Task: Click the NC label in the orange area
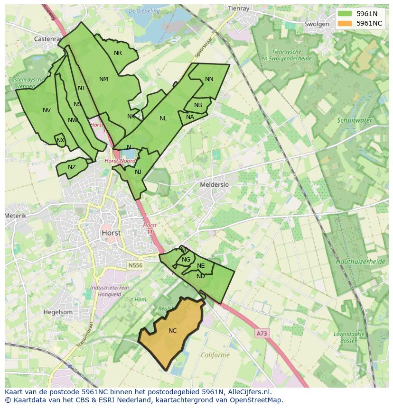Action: (x=172, y=330)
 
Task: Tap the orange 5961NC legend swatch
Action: (x=345, y=23)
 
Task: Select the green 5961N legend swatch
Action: (x=345, y=14)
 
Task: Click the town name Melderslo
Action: (x=215, y=184)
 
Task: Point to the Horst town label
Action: (x=111, y=233)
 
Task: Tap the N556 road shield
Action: (x=135, y=266)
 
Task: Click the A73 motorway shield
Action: (x=262, y=333)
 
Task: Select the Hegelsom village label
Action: (x=58, y=312)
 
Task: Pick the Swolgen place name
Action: (x=317, y=24)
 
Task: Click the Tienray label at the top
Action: (x=238, y=8)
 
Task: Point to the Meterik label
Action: (x=16, y=216)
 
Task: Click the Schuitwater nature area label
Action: (x=355, y=120)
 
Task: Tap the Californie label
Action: (x=215, y=354)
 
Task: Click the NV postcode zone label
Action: (x=47, y=110)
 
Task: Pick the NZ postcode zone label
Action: (x=72, y=167)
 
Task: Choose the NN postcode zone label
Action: (x=209, y=79)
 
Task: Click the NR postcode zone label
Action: (x=118, y=53)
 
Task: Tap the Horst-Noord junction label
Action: (x=121, y=161)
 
